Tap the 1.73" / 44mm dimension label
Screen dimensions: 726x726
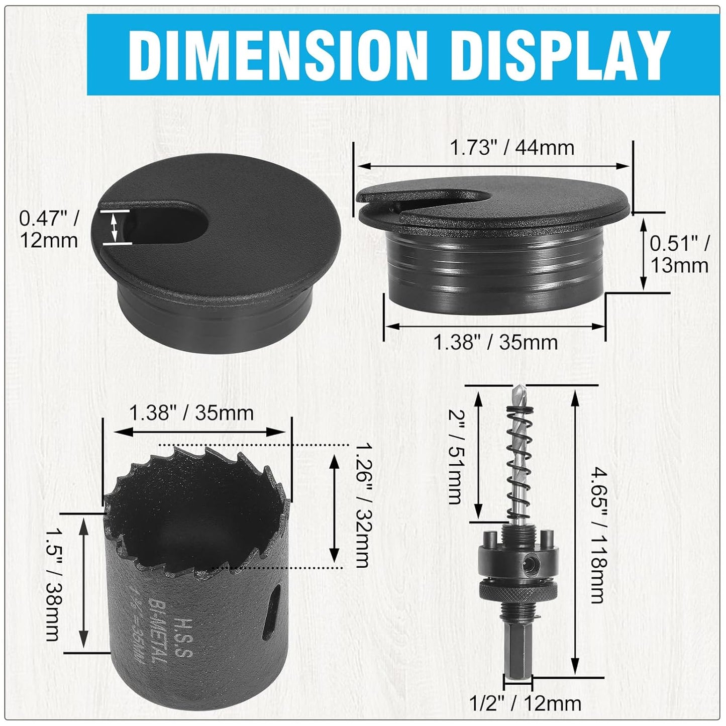tap(511, 148)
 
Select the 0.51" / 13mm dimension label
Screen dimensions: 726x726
tap(680, 254)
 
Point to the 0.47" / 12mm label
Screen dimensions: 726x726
tap(49, 229)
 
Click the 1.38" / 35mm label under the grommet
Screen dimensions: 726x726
tap(495, 343)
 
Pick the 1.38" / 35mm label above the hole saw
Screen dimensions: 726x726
tap(191, 413)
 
